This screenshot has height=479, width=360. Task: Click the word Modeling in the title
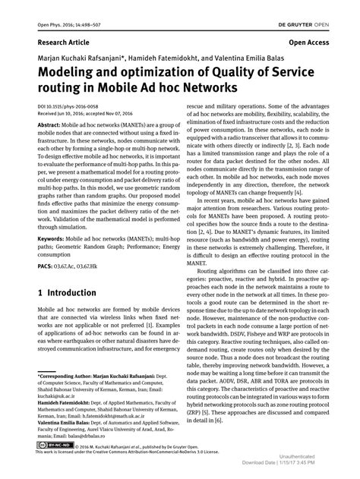pyautogui.click(x=65, y=74)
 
